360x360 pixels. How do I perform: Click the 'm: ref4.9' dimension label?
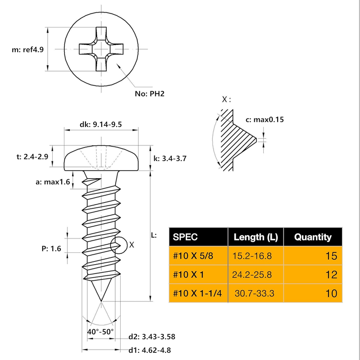pyautogui.click(x=27, y=49)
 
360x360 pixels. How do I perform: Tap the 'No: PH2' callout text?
pyautogui.click(x=149, y=94)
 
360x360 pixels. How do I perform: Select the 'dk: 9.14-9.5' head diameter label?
pyautogui.click(x=100, y=125)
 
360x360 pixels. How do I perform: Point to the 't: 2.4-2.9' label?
pyautogui.click(x=32, y=157)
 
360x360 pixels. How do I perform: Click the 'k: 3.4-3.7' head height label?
pyautogui.click(x=170, y=158)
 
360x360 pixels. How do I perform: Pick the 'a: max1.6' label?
pyautogui.click(x=53, y=182)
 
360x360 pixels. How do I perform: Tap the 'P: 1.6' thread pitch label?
pyautogui.click(x=51, y=248)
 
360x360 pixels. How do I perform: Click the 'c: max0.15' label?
pyautogui.click(x=265, y=119)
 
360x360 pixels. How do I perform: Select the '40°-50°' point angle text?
pyautogui.click(x=100, y=332)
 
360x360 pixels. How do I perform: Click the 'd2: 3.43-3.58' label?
pyautogui.click(x=152, y=337)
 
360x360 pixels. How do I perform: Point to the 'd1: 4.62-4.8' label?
pyautogui.click(x=149, y=350)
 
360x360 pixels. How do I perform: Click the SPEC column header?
pyautogui.click(x=185, y=237)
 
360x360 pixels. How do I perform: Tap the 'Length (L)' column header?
pyautogui.click(x=256, y=237)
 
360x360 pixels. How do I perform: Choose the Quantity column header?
pyautogui.click(x=313, y=237)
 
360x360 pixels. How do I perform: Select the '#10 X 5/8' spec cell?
pyautogui.click(x=193, y=256)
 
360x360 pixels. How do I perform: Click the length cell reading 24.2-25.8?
pyautogui.click(x=252, y=274)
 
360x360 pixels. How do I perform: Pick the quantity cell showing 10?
pyautogui.click(x=331, y=293)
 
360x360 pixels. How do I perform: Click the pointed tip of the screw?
pyautogui.click(x=101, y=301)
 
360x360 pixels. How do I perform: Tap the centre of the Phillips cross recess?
pyautogui.click(x=101, y=49)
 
